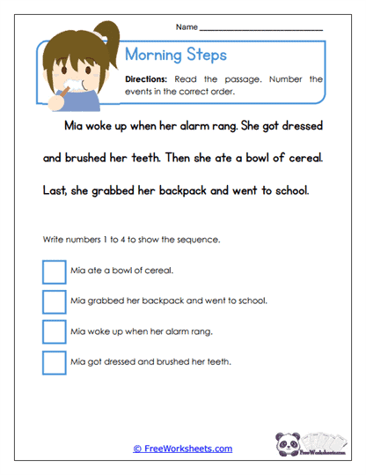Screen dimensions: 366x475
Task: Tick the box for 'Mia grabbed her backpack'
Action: [x=54, y=301]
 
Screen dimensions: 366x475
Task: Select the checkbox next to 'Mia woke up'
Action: [x=54, y=332]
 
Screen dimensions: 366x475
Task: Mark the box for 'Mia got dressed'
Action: [x=54, y=362]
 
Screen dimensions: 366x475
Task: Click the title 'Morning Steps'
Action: [x=177, y=55]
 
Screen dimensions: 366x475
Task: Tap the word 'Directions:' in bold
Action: [x=151, y=79]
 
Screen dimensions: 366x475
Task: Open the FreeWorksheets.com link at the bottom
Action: [x=183, y=449]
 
